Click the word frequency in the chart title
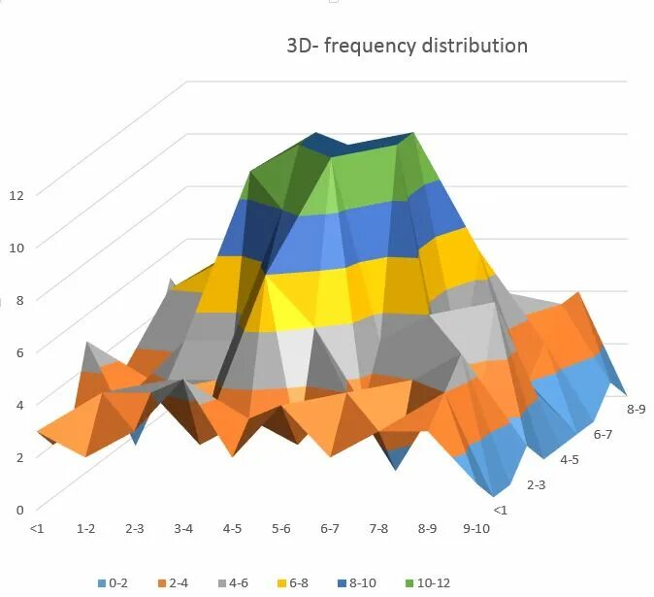pyautogui.click(x=367, y=46)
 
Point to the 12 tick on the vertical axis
pyautogui.click(x=16, y=194)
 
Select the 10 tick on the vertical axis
pyautogui.click(x=16, y=247)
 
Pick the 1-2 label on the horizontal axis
pyautogui.click(x=86, y=529)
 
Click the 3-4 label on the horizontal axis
pyautogui.click(x=183, y=529)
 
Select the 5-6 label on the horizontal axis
pyautogui.click(x=281, y=529)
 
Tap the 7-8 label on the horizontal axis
pyautogui.click(x=378, y=529)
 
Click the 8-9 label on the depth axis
pyautogui.click(x=637, y=410)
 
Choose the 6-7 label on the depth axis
pyautogui.click(x=604, y=435)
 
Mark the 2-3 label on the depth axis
pyautogui.click(x=536, y=483)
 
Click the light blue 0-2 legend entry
pyautogui.click(x=114, y=582)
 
